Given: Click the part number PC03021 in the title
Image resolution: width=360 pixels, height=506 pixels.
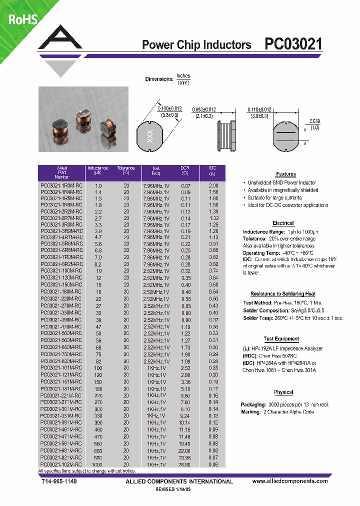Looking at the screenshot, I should coord(293,44).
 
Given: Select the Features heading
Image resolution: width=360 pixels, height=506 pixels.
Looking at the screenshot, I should coord(286,174).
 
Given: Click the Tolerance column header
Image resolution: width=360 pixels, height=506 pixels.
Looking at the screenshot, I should coord(126,170).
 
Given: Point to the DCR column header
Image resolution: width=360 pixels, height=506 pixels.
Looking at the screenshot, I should coord(185,170).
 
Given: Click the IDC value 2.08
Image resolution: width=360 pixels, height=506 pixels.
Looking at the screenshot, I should coord(213,185).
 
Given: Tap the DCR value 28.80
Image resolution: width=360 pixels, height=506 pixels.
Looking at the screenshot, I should coord(185,464).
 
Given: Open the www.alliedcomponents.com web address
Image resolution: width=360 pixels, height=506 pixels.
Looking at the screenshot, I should coord(290,481).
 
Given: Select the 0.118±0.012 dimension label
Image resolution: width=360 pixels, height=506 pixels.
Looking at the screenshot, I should coord(259,109).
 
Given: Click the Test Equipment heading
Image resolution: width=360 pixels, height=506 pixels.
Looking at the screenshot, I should coord(281,339).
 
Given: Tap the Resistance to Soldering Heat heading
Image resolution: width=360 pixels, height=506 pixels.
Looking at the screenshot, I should coord(283,294).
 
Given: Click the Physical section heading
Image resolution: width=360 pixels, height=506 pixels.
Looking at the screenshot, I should coord(283,392).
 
